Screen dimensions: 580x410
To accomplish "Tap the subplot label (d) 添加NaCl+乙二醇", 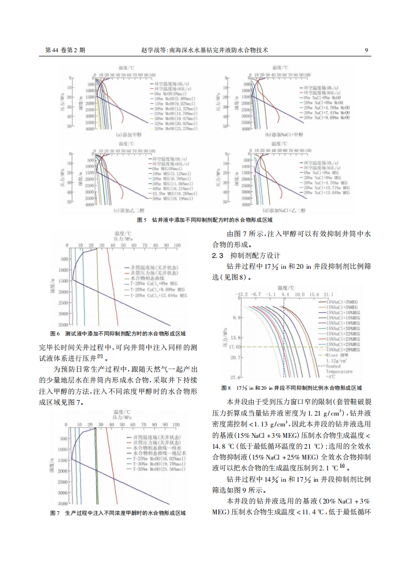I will pos(284,211).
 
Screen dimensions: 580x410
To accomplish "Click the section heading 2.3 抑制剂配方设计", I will pos(246,255).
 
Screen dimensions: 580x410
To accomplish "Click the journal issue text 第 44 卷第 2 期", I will pos(66,50).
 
